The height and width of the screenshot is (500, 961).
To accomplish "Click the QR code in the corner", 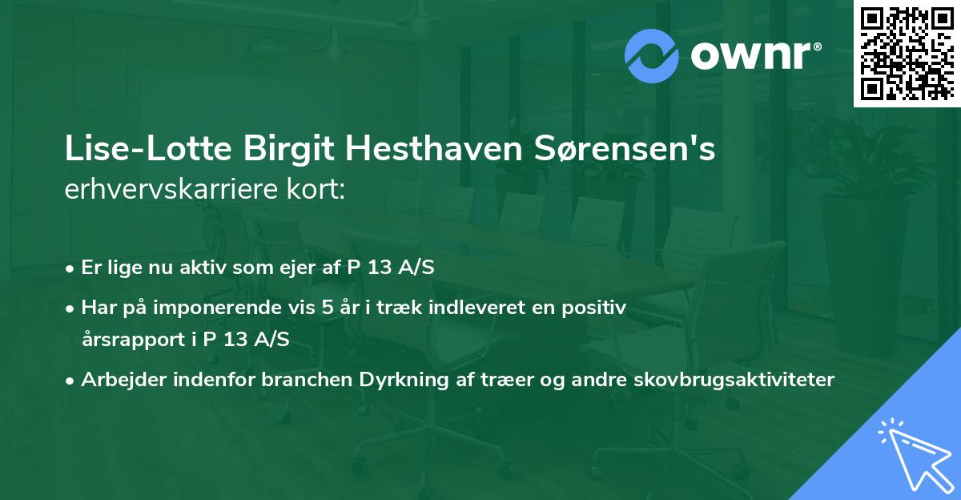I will (907, 54).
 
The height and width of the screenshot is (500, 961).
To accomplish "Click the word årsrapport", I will (129, 340).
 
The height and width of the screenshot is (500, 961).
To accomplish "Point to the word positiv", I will (593, 306).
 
